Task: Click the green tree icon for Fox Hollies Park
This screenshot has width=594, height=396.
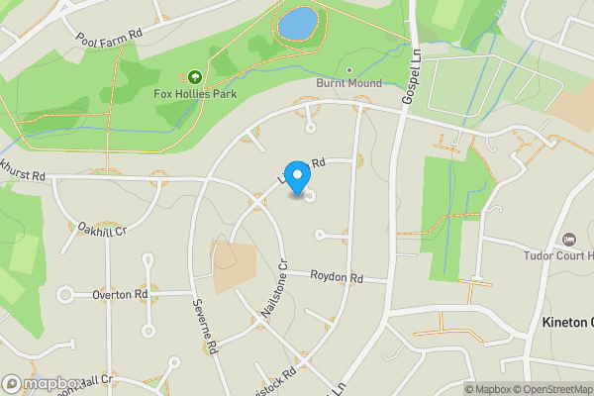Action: coord(193,77)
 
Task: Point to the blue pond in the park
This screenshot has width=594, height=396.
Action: coord(297,21)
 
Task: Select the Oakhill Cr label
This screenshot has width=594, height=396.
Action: coord(104,230)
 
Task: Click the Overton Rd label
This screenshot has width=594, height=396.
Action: coord(120,294)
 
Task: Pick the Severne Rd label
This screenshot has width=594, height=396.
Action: coord(205,328)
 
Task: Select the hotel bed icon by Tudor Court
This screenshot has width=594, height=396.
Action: coord(568,240)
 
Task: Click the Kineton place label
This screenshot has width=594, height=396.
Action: coord(567,323)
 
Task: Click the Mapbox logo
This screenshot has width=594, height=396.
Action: coord(43,383)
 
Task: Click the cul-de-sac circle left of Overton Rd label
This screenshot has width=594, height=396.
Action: coord(66,294)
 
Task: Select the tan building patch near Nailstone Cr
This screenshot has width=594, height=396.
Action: coord(235,265)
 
